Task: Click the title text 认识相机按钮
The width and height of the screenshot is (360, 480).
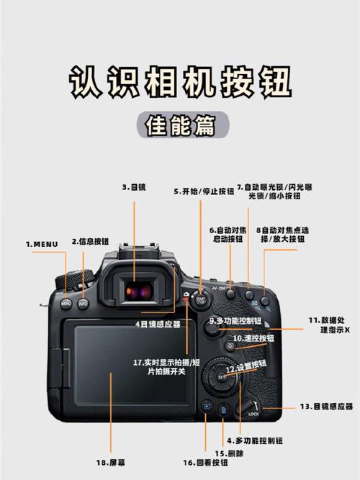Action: (x=180, y=83)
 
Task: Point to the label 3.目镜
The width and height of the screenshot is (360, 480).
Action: (x=133, y=186)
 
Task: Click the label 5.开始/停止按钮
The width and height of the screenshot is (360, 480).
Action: (x=204, y=191)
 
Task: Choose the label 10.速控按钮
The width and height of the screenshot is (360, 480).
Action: (x=253, y=338)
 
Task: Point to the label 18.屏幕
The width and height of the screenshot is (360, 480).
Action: (x=108, y=461)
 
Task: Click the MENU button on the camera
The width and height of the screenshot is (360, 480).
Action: (x=66, y=303)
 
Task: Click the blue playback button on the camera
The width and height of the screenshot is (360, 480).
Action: (x=207, y=407)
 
